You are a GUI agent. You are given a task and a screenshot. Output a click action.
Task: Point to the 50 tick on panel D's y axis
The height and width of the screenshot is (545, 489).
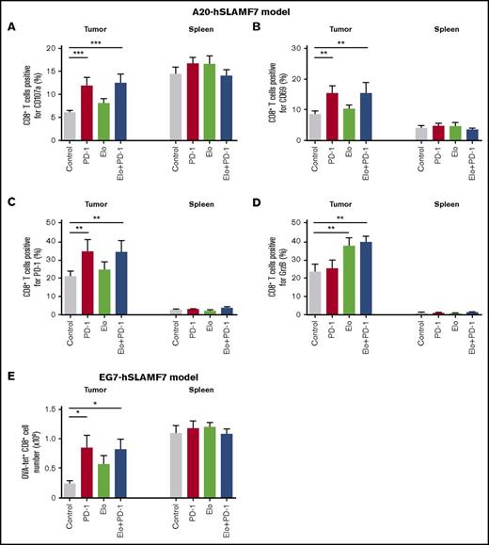(303, 223)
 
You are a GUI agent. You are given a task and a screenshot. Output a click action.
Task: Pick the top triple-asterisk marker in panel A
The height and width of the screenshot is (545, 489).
(96, 43)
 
